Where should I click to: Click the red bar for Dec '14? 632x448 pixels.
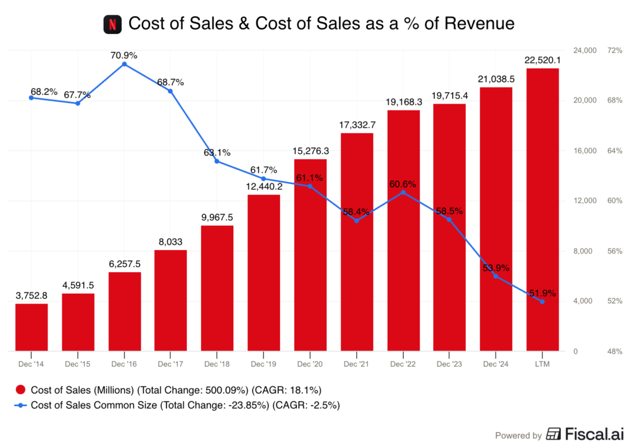click(x=31, y=327)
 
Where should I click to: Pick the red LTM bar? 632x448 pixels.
click(x=543, y=209)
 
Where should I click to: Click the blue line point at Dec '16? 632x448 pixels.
click(x=124, y=64)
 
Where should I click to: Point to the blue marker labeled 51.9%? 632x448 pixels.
click(x=543, y=302)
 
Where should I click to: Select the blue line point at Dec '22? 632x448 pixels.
click(x=403, y=192)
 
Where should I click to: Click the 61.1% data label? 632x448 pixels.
click(x=309, y=178)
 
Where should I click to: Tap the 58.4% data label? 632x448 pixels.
click(x=356, y=212)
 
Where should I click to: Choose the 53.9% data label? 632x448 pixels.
click(x=496, y=268)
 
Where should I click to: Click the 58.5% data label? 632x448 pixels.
click(x=449, y=211)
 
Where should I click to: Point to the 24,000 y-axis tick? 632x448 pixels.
click(x=585, y=50)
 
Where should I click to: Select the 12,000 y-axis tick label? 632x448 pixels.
click(x=585, y=201)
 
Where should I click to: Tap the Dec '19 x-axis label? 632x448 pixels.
click(x=264, y=364)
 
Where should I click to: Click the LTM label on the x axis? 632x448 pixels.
click(x=543, y=364)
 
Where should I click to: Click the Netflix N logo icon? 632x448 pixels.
click(x=112, y=25)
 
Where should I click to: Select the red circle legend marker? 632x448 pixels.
click(x=20, y=389)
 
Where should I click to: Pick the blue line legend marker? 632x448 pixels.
click(x=20, y=405)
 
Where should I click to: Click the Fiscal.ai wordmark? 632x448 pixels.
click(x=584, y=434)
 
